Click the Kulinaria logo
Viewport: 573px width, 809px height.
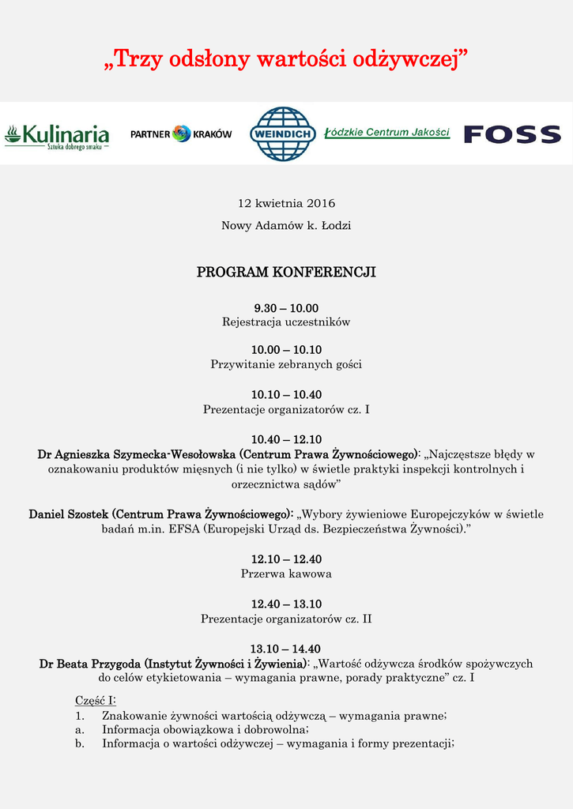pos(56,136)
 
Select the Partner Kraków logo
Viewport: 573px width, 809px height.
pos(181,134)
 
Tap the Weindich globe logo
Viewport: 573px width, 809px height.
pos(282,134)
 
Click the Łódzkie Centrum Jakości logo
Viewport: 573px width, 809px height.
pos(387,132)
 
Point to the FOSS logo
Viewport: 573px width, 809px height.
pos(512,134)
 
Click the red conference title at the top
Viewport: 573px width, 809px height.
pos(286,58)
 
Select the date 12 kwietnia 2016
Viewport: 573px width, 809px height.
pos(286,203)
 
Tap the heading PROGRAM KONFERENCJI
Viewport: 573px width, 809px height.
pos(286,273)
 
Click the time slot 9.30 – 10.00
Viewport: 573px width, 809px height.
pos(286,308)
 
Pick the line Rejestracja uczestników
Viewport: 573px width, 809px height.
pos(286,322)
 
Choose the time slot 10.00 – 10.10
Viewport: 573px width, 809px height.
pos(286,350)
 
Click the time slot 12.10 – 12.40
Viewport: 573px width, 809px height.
pos(286,559)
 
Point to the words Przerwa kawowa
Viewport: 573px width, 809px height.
pos(286,574)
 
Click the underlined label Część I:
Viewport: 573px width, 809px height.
pos(96,701)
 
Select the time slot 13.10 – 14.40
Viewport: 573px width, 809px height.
pos(286,649)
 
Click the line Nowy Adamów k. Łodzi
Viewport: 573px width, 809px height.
pos(286,226)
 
